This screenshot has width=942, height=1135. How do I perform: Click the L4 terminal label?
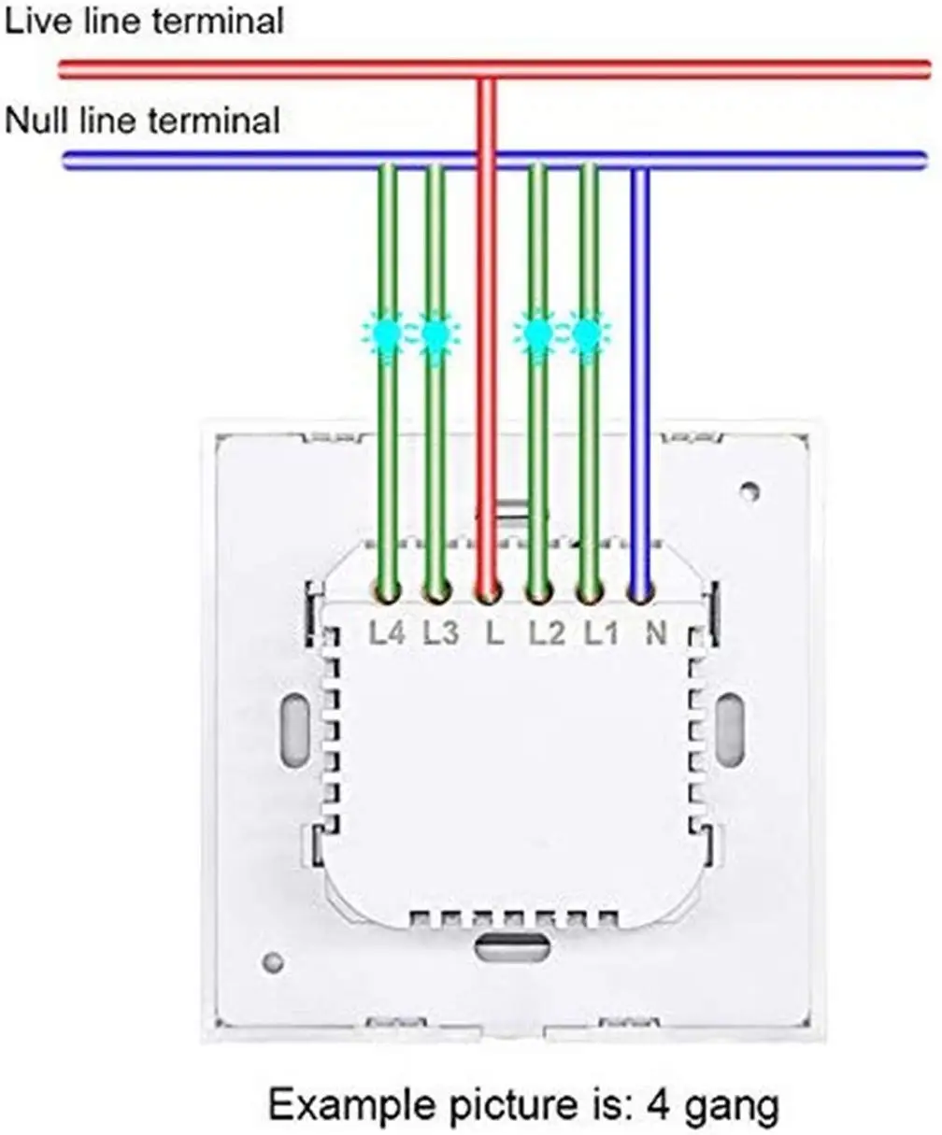tap(385, 633)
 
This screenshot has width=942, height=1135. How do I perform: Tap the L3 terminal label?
tap(439, 633)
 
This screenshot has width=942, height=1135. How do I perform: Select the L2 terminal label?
tap(547, 633)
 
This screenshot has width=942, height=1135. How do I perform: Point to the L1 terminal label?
tap(601, 633)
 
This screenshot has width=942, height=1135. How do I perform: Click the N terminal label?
tap(655, 633)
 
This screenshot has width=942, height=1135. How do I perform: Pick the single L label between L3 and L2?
tap(494, 633)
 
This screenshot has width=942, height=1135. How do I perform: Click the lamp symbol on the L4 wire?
tap(386, 333)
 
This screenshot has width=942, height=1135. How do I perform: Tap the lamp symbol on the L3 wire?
tap(435, 333)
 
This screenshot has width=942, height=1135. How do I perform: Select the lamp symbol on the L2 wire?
tap(536, 333)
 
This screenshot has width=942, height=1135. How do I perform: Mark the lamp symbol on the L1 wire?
tap(587, 333)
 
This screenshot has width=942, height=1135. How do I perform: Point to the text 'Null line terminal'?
tap(142, 120)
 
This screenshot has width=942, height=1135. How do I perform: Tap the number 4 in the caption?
tap(657, 1106)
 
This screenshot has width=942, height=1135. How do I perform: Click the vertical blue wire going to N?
tap(640, 374)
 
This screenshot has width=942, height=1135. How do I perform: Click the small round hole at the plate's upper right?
tap(749, 490)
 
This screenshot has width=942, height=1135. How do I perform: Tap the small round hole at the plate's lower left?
tap(273, 961)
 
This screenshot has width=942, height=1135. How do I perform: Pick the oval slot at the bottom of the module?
tap(511, 947)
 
